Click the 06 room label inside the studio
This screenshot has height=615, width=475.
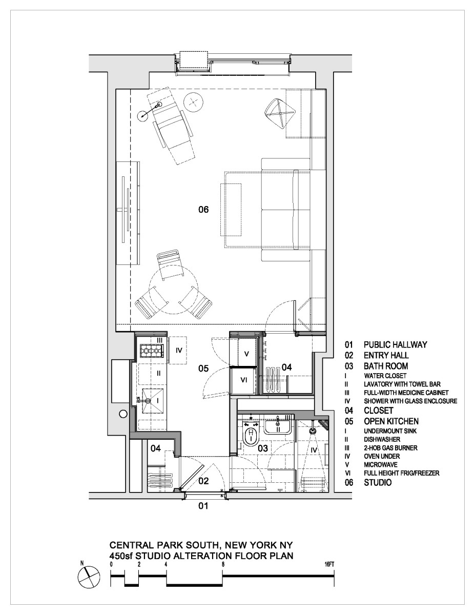pos(203,209)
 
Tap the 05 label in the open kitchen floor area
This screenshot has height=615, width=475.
pos(203,368)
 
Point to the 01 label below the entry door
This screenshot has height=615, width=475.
pos(203,507)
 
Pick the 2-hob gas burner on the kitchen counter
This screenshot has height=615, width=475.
pos(151,351)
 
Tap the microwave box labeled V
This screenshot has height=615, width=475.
pos(245,354)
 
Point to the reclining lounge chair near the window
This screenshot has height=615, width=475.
pos(172,129)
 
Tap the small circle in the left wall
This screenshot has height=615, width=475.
pos(123,414)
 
